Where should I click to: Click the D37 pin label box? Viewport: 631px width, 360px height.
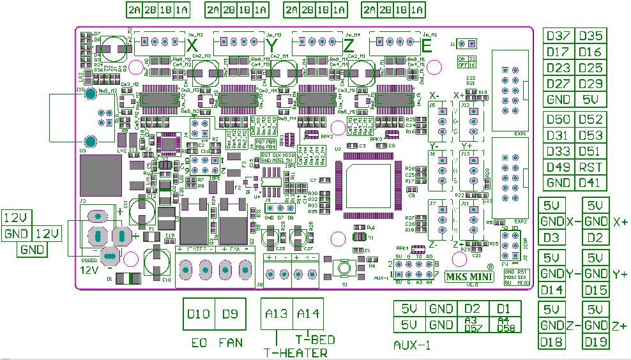(x=558, y=36)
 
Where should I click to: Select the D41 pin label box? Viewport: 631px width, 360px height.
(x=591, y=183)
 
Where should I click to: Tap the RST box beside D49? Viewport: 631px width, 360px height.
(x=591, y=167)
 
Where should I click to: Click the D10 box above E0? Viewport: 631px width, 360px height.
(x=199, y=314)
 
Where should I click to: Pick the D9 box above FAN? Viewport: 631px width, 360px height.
(x=229, y=314)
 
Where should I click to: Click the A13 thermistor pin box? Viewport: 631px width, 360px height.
(x=277, y=314)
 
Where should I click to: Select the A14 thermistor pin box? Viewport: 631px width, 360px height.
(x=308, y=314)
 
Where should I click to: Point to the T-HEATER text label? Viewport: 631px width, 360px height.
(x=296, y=352)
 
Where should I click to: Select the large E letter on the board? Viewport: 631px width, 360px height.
(x=427, y=46)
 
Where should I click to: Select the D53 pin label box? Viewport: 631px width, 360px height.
(x=591, y=135)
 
